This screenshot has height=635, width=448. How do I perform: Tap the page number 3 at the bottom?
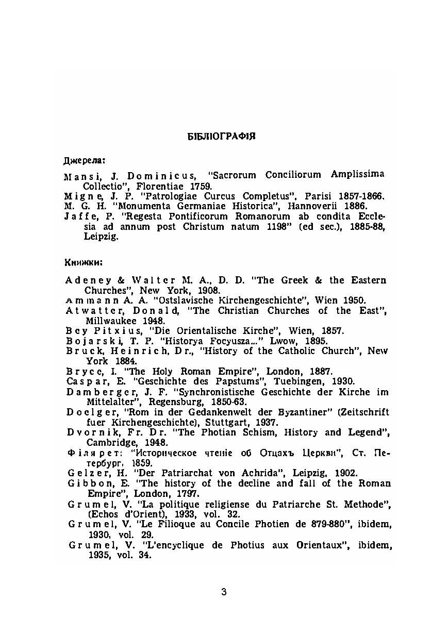(x=224, y=592)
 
